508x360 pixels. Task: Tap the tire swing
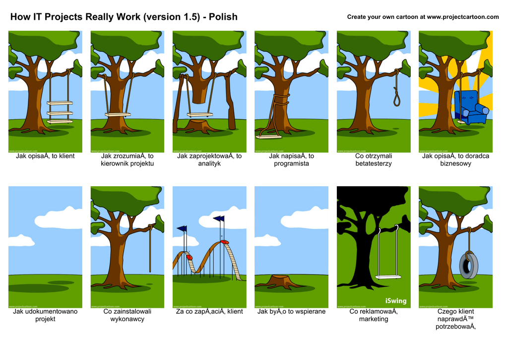468,264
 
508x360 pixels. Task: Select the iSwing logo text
396,301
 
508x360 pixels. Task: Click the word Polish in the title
223,17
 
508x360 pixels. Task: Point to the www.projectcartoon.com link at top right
463,17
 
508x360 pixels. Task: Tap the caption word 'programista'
291,164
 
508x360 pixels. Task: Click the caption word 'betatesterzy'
374,164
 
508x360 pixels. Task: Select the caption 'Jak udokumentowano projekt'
45,315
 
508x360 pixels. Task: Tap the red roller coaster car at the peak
225,242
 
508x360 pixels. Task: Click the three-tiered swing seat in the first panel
60,112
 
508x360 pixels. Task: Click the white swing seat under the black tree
387,277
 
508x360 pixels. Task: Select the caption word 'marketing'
374,319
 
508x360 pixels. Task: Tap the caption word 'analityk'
209,164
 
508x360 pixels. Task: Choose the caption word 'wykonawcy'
127,319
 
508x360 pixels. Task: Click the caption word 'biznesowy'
455,164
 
